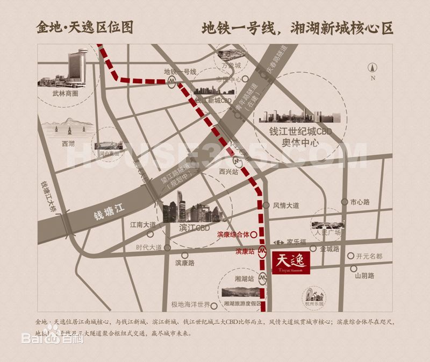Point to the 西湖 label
click(68, 144)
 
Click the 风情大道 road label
click(286, 205)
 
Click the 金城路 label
click(330, 249)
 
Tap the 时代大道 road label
click(149, 247)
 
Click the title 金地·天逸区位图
click(84, 27)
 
